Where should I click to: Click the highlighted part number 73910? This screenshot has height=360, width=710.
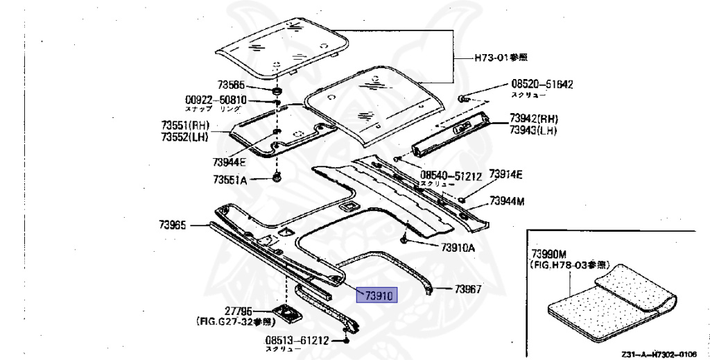[376, 295]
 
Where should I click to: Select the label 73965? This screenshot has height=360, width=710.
[173, 225]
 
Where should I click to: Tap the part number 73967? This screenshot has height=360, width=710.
[468, 289]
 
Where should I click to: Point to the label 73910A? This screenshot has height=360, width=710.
[458, 248]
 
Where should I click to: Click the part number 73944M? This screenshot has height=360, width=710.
[508, 201]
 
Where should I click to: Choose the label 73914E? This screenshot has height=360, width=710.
[505, 174]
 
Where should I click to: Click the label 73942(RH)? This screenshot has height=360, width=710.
[533, 119]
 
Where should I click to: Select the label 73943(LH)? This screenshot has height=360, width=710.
[532, 130]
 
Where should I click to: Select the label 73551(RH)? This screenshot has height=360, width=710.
[186, 126]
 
